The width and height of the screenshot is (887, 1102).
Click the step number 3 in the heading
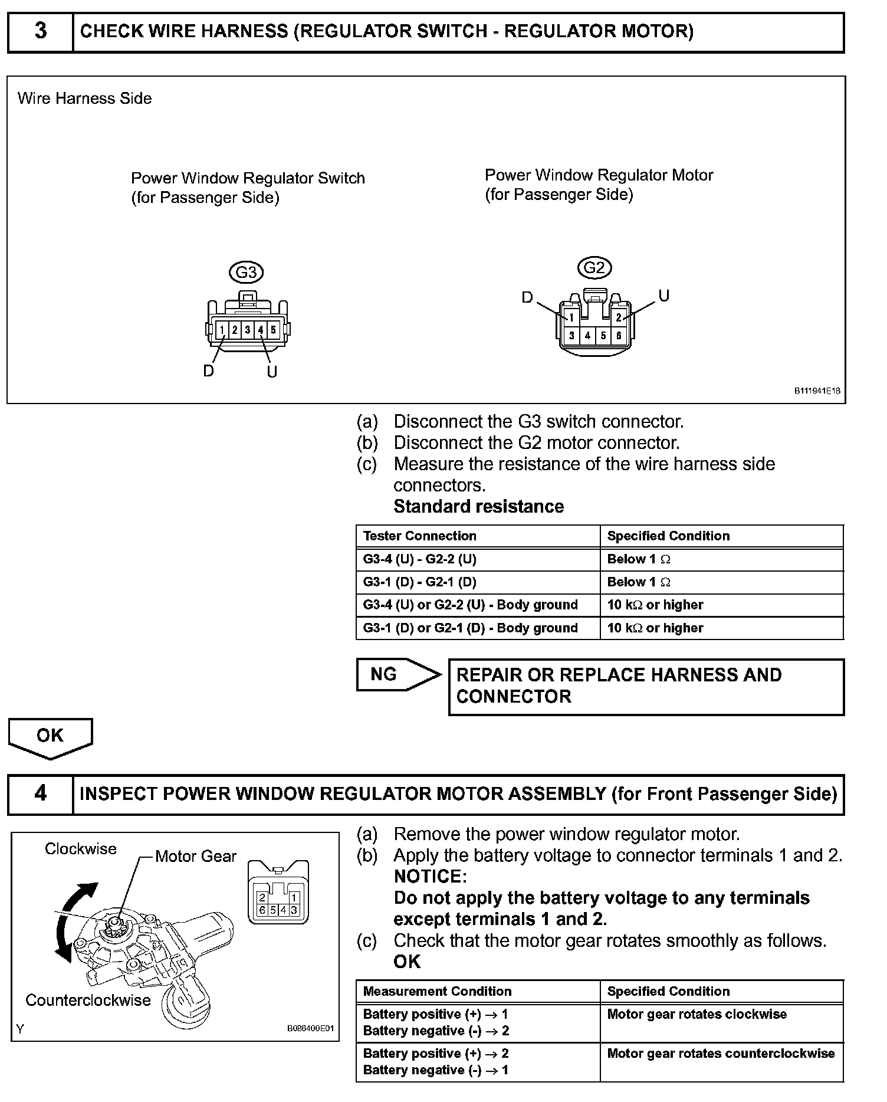40,31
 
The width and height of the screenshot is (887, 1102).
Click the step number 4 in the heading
40,793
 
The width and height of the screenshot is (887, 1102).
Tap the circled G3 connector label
246,272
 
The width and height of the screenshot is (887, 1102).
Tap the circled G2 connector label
594,268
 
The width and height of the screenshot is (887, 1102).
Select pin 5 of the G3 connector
273,330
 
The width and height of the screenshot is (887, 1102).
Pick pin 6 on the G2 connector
619,336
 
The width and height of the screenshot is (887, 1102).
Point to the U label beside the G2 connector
663,296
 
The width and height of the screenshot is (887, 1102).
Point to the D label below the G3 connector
208,371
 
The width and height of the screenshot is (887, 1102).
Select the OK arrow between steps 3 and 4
50,737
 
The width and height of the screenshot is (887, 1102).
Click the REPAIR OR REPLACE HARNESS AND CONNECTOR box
646,686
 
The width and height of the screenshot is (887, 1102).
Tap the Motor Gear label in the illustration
195,856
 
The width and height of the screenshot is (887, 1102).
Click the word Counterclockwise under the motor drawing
88,1000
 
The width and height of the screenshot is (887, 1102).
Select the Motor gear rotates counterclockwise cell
721,1054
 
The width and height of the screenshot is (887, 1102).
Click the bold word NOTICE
430,876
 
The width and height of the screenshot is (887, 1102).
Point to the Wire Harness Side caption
85,98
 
